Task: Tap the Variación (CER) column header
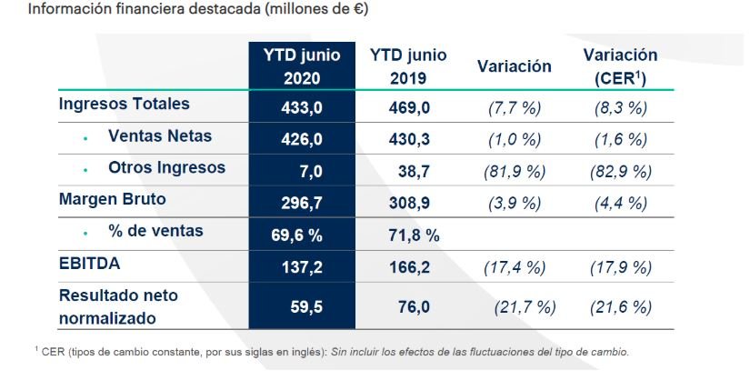(619, 66)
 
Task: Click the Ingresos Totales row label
(124, 104)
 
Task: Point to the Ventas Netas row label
(159, 136)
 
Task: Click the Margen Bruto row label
(112, 199)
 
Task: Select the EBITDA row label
(89, 265)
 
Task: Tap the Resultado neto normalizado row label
(118, 306)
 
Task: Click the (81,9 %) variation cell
(514, 171)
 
